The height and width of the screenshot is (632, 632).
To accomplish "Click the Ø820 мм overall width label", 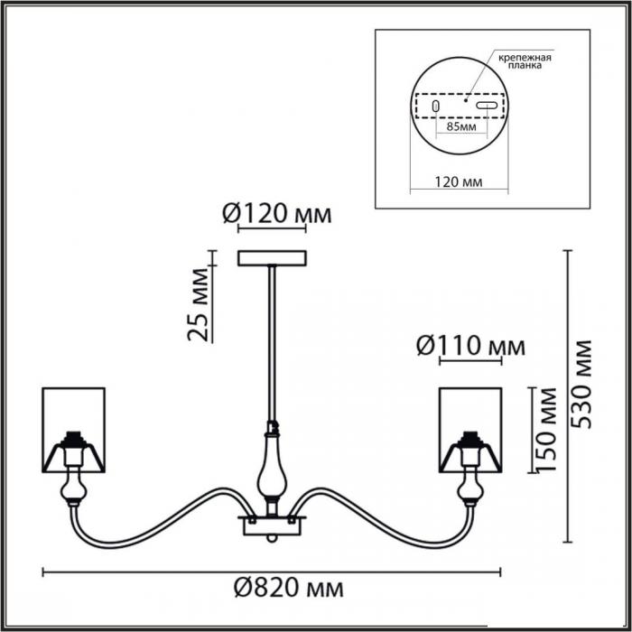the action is tap(289, 590).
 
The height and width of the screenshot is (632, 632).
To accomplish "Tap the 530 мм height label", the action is tap(582, 385).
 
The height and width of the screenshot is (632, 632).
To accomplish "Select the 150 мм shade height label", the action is tap(546, 429).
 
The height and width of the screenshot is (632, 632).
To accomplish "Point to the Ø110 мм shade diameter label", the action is tap(470, 346).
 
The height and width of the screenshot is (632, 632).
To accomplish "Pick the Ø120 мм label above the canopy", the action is tap(277, 214).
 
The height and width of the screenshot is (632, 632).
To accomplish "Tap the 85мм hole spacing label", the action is tap(461, 126).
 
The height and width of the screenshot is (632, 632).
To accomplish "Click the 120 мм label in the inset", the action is tap(459, 181).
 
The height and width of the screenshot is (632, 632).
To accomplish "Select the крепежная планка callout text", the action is tap(525, 60).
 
